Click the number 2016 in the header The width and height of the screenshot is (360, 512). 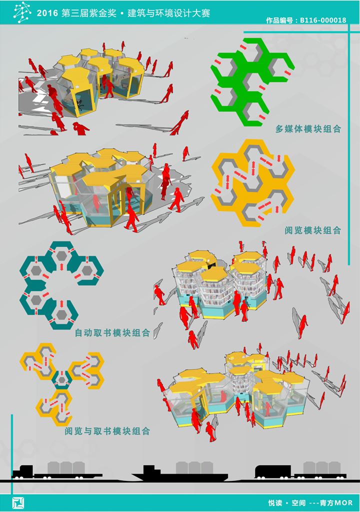(47, 13)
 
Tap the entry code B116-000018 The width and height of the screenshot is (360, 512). (323, 20)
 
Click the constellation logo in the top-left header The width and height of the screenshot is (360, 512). (22, 12)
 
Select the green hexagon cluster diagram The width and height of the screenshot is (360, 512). (252, 82)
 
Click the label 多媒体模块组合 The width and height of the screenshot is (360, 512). (308, 129)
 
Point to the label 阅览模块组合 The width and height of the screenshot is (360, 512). (313, 230)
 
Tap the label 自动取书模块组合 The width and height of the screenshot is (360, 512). (112, 332)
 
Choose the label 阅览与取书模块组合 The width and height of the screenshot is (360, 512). (107, 431)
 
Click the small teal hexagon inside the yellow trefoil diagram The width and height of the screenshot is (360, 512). (61, 380)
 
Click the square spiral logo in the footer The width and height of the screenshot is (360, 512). (18, 503)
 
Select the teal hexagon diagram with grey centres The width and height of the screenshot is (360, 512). (61, 285)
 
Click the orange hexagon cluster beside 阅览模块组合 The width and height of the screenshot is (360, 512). (252, 183)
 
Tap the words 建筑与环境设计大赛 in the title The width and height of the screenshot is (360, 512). (169, 13)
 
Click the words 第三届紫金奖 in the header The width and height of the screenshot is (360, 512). (89, 13)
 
